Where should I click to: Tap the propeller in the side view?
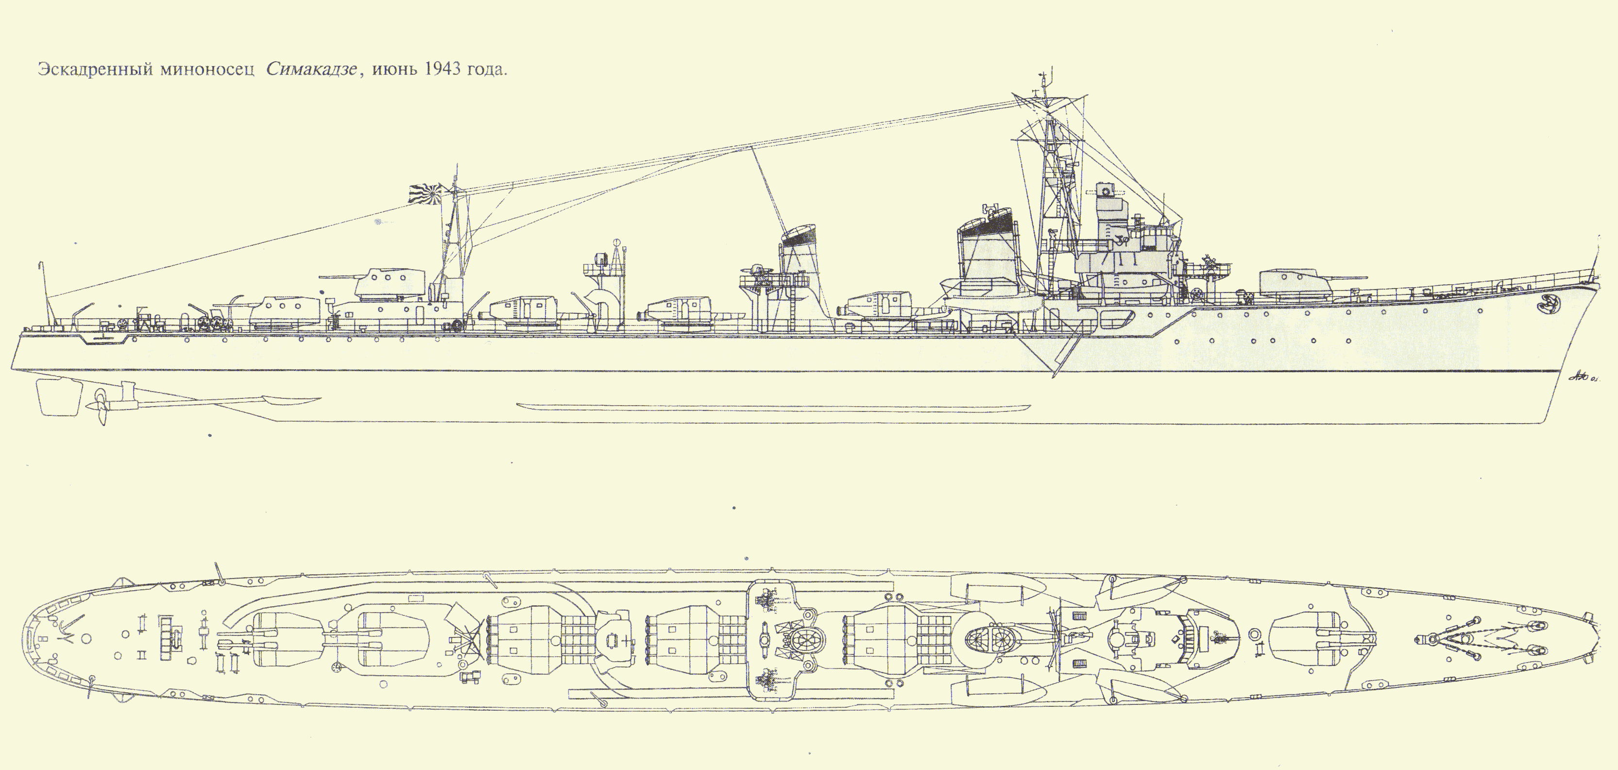101,407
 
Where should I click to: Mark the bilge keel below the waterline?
773,406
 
